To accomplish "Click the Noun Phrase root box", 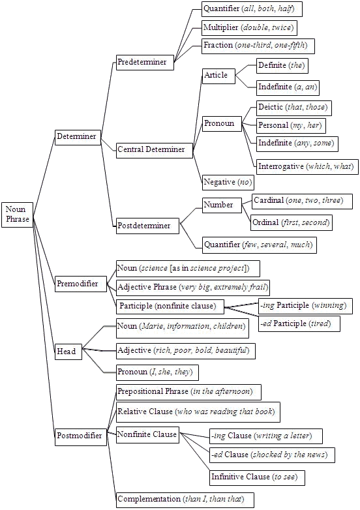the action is [x=17, y=215].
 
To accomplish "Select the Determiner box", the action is [x=78, y=136].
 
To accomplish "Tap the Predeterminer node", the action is [x=145, y=62].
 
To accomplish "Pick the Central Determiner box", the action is [x=154, y=150].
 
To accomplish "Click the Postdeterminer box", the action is [x=147, y=226].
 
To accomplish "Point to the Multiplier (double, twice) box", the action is [x=249, y=27].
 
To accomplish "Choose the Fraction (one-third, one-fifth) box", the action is [x=258, y=46].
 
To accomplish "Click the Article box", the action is [x=218, y=76].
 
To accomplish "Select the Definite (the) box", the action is [x=282, y=66].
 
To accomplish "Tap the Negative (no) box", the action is [x=228, y=182].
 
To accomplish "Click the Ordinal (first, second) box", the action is [x=292, y=223].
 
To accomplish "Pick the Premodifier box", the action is [x=80, y=284].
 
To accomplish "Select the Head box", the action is [x=68, y=352].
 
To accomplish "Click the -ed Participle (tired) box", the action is [x=299, y=324].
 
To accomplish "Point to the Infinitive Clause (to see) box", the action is [x=257, y=477].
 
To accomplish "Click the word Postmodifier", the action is [x=80, y=435].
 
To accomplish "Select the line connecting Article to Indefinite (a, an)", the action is [x=245, y=82].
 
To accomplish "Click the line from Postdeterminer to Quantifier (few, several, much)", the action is [x=190, y=237].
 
